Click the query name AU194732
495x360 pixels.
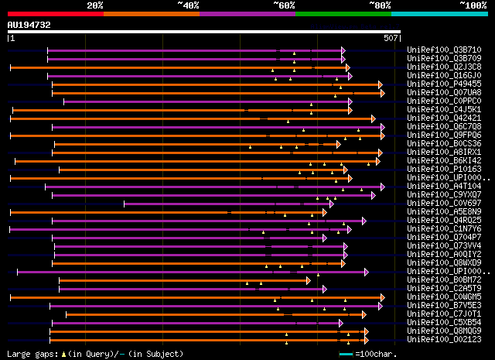29,25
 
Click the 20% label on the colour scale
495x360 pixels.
95,5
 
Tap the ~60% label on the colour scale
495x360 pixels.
284,5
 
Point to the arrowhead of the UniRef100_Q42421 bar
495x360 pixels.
373,118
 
